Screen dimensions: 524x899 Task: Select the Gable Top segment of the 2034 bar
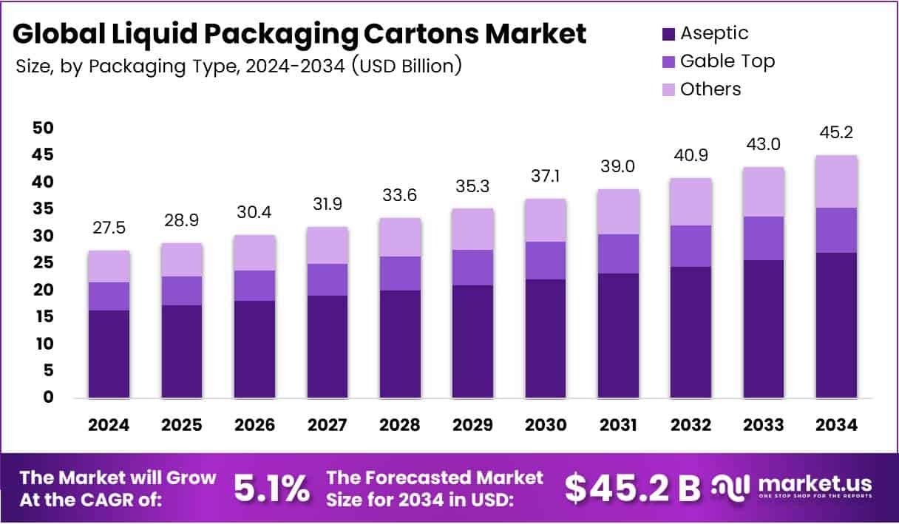click(836, 230)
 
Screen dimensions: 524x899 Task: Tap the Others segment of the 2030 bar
click(546, 220)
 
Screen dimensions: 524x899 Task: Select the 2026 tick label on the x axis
click(254, 425)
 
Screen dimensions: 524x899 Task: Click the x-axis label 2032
click(691, 425)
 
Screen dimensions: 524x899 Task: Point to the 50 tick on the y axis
click(43, 128)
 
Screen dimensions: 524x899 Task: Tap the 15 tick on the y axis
click(43, 316)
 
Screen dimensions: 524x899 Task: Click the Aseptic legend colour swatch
click(668, 34)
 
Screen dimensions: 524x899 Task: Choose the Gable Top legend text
click(727, 61)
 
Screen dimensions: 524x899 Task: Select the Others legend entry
click(710, 89)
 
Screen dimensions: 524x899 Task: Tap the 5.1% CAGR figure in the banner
click(271, 488)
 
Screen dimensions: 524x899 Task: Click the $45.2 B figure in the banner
click(632, 487)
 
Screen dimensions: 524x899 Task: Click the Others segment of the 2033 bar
click(764, 191)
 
